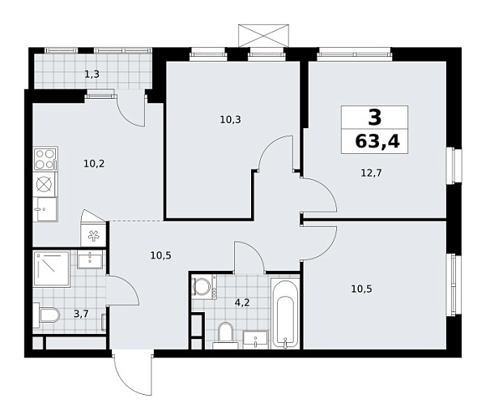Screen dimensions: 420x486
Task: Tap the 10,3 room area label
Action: pos(230,119)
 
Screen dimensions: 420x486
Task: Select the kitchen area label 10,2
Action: pos(94,163)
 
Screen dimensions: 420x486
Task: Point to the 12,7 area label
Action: pos(372,171)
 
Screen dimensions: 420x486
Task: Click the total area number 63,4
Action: pos(377,144)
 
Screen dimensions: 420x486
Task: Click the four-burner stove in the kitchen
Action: pos(45,157)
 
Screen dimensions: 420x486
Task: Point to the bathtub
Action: pos(285,314)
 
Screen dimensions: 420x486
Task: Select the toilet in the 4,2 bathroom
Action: pos(224,333)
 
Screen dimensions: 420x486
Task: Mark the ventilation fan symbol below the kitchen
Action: pos(94,236)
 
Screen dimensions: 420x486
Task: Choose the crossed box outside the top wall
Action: pos(263,36)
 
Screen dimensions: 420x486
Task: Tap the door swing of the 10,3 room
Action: pos(276,153)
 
